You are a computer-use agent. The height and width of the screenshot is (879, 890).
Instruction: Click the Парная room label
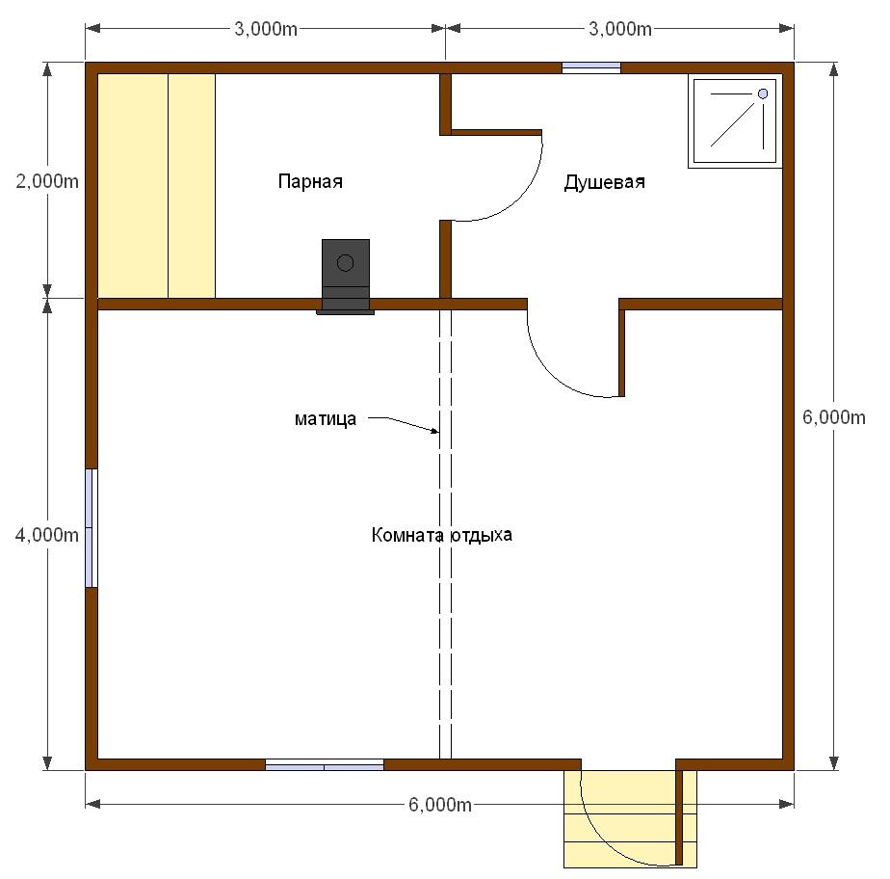pos(310,182)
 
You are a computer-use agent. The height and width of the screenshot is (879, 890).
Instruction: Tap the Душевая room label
pos(605,182)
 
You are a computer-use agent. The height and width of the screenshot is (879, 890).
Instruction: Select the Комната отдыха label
pos(441,535)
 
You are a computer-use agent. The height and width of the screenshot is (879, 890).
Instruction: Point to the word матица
pos(326,419)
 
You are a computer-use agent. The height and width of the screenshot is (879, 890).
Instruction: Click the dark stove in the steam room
pos(346,277)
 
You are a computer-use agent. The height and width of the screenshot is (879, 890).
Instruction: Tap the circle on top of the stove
pos(345,263)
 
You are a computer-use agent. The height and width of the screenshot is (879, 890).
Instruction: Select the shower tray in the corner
pos(735,120)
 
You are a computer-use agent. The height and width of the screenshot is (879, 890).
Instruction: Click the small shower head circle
pos(763,93)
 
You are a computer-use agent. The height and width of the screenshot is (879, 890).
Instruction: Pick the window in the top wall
pos(591,67)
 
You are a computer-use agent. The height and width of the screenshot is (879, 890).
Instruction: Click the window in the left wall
pos(92,528)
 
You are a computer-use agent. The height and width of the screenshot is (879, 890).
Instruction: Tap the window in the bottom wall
pos(325,765)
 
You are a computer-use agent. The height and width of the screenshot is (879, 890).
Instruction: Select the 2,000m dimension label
pos(47,182)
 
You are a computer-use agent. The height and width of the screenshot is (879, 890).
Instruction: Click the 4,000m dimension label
pos(47,535)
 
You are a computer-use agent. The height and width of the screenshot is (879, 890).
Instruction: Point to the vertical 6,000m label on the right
pos(834,417)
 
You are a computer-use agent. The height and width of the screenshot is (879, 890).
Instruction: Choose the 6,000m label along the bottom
pos(440,805)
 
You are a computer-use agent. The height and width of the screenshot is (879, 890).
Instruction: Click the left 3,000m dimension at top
pos(266,29)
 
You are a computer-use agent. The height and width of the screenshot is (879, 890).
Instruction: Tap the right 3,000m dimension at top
pos(620,29)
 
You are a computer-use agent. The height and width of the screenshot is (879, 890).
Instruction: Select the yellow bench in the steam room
pos(157,186)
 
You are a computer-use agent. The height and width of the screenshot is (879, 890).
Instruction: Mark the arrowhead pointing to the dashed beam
pos(435,432)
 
